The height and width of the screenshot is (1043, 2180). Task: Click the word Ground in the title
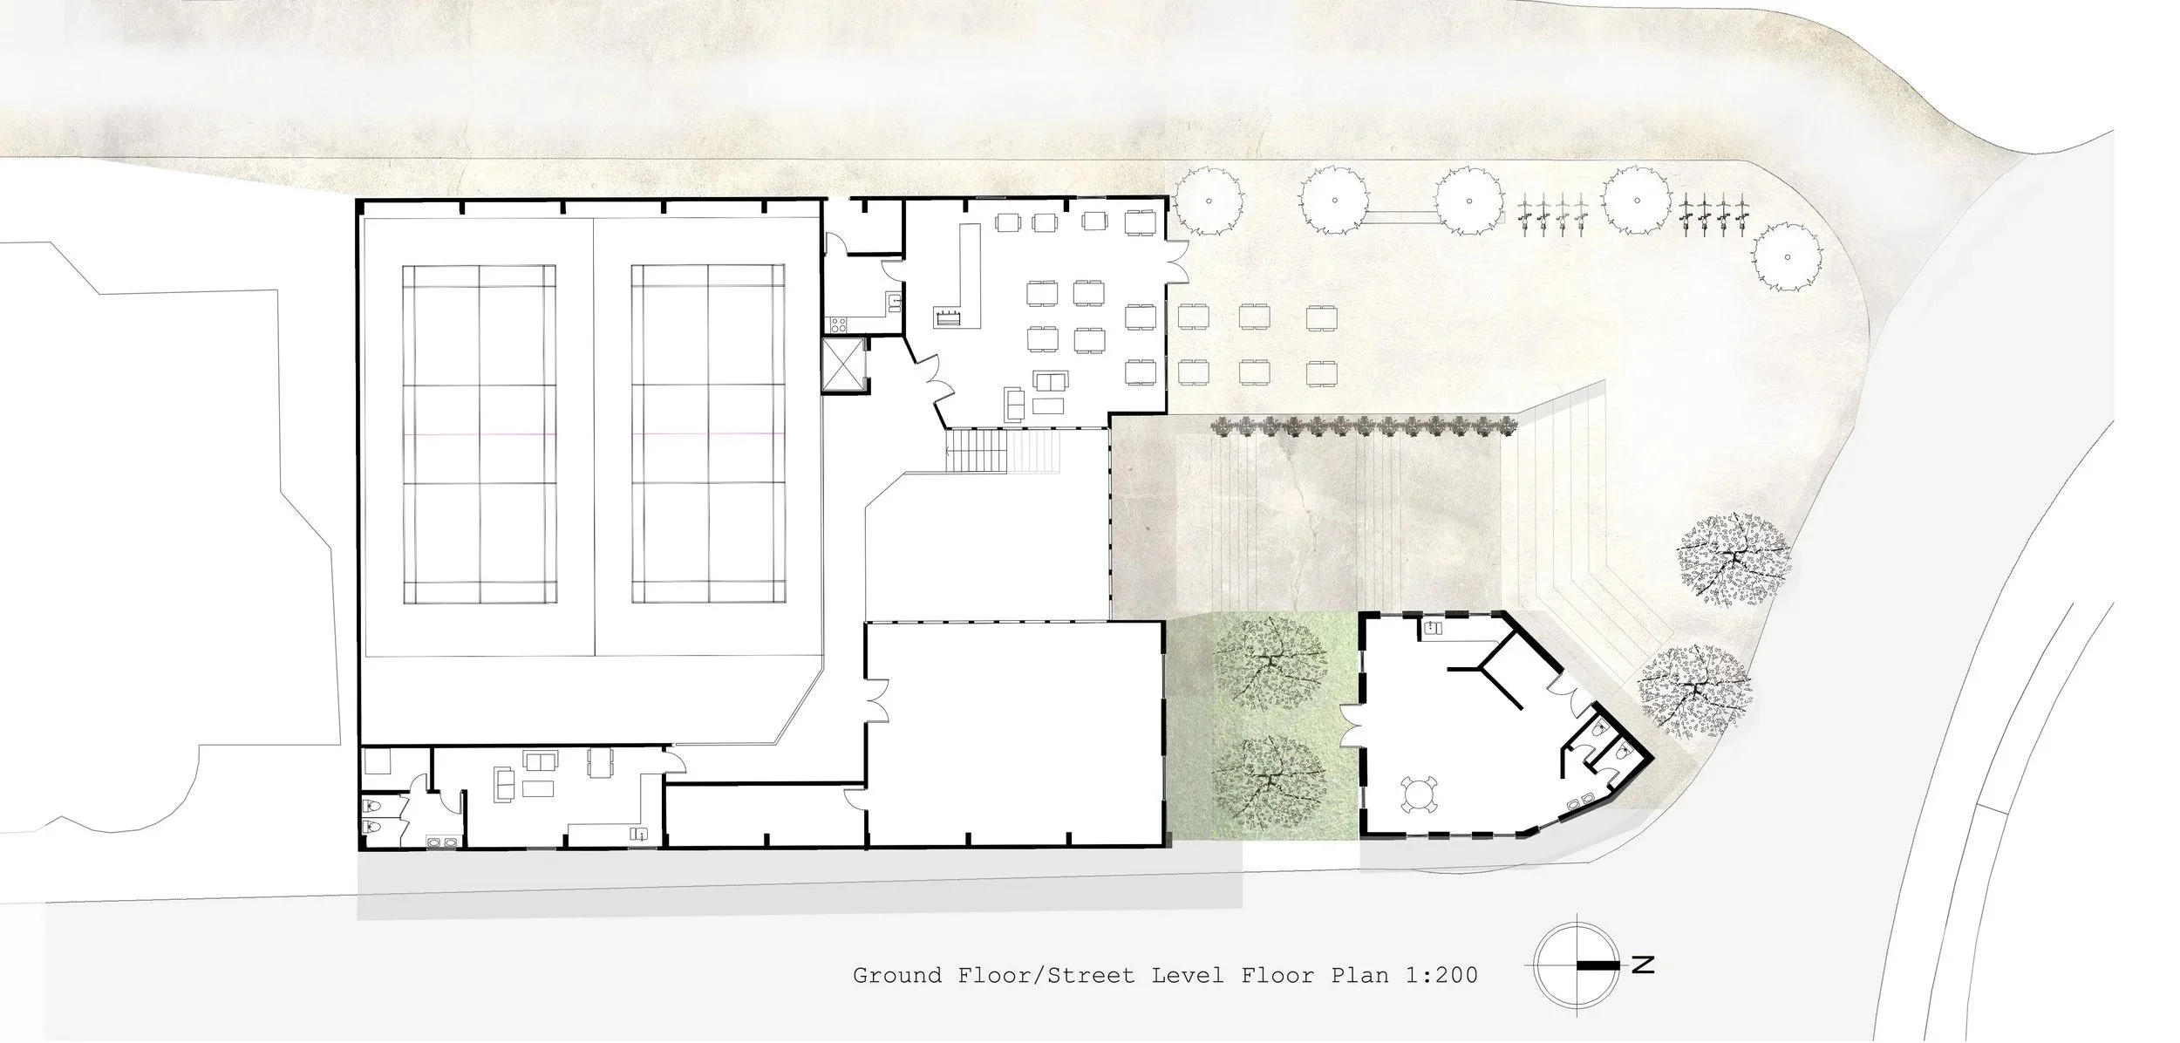[x=897, y=974]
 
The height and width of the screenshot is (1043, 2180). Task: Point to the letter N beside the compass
[x=1643, y=965]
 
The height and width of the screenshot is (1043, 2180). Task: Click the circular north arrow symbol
[x=1575, y=965]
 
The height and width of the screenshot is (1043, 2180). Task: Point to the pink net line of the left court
[x=480, y=434]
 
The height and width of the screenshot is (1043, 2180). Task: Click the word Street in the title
[x=1091, y=974]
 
